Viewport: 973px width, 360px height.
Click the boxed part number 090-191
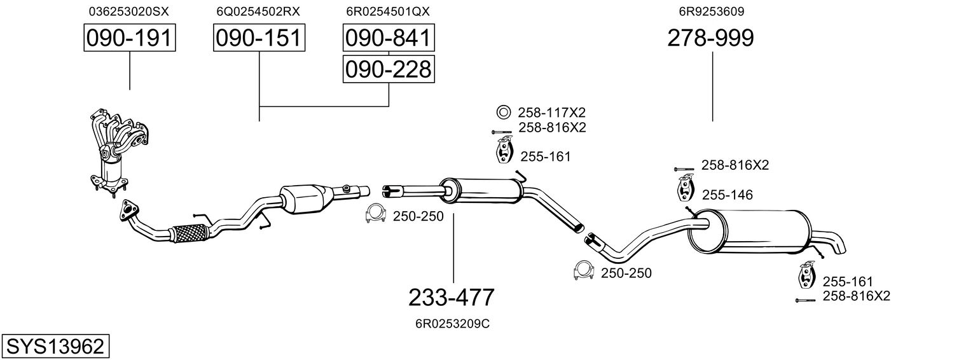coord(130,38)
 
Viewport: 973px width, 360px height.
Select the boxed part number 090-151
coord(259,38)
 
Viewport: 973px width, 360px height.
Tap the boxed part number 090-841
coord(389,38)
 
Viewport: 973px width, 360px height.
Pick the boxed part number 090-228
coord(389,69)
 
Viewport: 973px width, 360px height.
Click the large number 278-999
coord(710,38)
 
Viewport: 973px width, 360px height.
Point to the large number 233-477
coord(452,298)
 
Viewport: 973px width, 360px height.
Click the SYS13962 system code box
coord(55,347)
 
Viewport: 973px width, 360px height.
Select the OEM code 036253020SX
coord(128,11)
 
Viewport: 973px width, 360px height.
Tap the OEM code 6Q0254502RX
coord(258,11)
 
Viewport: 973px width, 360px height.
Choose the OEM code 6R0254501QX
coord(388,11)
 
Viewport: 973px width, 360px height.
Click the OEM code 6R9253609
coord(712,11)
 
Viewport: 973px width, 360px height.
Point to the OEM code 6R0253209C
coord(453,324)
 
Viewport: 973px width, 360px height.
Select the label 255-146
coord(727,195)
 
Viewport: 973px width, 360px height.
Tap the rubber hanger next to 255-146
coord(685,188)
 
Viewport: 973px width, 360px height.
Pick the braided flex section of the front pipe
coord(189,233)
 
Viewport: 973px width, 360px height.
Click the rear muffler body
coord(750,232)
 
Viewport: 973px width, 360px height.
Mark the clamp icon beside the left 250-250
coord(376,214)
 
